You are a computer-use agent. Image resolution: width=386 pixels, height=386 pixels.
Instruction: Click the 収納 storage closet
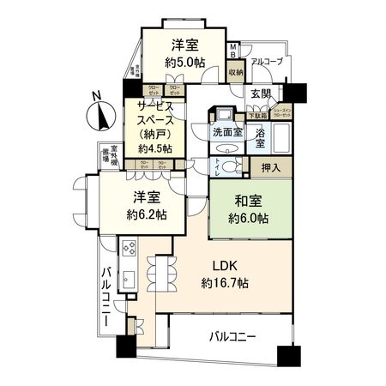point(235,74)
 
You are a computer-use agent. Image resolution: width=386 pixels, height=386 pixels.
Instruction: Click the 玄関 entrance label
point(261,93)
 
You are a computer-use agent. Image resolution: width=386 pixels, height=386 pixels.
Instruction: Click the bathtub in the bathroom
point(283,136)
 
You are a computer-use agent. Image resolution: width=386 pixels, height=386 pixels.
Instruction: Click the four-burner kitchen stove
point(130,250)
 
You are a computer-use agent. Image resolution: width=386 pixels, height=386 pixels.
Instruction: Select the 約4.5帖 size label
point(154,148)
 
